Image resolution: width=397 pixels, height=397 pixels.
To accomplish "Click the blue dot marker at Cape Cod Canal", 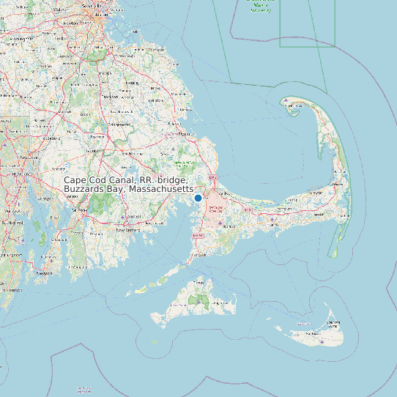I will pyautogui.click(x=198, y=198).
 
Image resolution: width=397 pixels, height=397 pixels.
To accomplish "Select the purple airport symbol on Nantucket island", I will pyautogui.click(x=323, y=341).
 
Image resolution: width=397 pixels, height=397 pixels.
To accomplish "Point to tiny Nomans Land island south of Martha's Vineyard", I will pyautogui.click(x=153, y=341).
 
